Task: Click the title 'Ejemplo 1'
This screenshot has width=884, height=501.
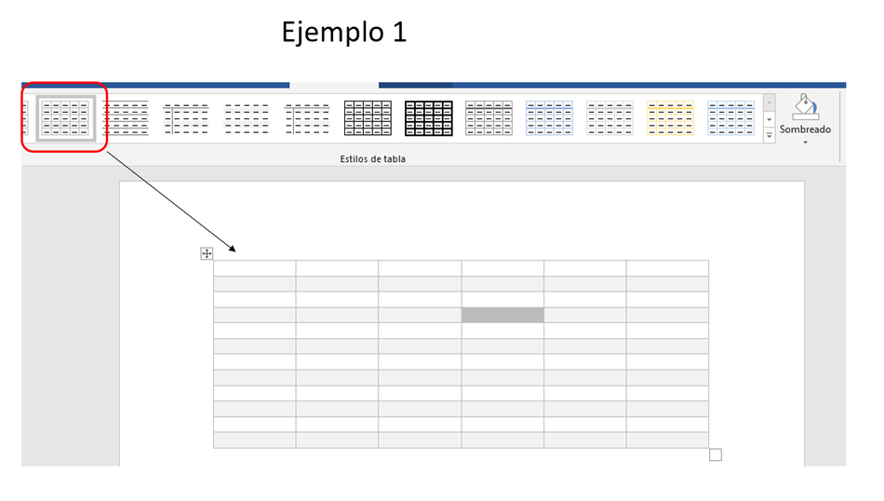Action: (x=344, y=33)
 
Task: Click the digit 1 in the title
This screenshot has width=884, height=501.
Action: (x=399, y=32)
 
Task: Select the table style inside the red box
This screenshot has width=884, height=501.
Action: (x=65, y=118)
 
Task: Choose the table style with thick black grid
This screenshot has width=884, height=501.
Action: (x=428, y=118)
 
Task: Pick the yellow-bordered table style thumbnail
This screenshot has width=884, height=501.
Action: (x=670, y=118)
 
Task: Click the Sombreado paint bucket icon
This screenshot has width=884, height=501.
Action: (x=805, y=107)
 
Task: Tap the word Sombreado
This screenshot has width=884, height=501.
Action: (x=805, y=129)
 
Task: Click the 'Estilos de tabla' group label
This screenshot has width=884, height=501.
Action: (x=372, y=159)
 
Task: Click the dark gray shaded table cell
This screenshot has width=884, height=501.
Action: (x=502, y=316)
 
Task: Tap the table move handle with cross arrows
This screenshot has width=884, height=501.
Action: (x=207, y=253)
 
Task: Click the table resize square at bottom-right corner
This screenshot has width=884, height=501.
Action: (x=716, y=454)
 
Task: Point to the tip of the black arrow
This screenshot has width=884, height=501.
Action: (x=235, y=251)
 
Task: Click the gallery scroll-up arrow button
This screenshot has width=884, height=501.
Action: (x=769, y=102)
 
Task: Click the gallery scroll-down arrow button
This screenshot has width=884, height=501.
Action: (x=769, y=119)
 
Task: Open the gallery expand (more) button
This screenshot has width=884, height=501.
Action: (x=769, y=135)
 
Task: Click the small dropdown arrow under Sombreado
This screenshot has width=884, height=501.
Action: (x=805, y=142)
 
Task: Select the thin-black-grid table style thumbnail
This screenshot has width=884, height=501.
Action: (x=368, y=118)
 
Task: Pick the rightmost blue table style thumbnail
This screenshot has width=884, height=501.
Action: (x=730, y=118)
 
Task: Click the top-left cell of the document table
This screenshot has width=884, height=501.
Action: (x=254, y=268)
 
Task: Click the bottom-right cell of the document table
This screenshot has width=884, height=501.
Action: (x=667, y=440)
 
